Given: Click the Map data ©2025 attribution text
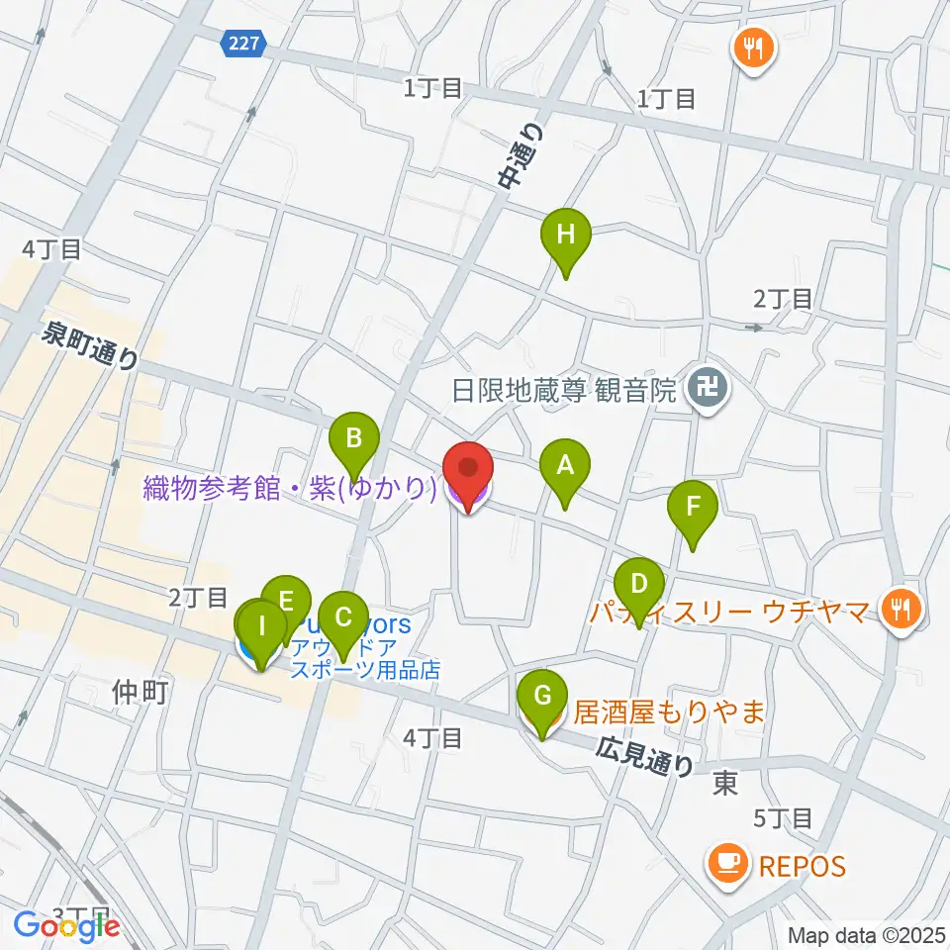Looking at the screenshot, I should (867, 935).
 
